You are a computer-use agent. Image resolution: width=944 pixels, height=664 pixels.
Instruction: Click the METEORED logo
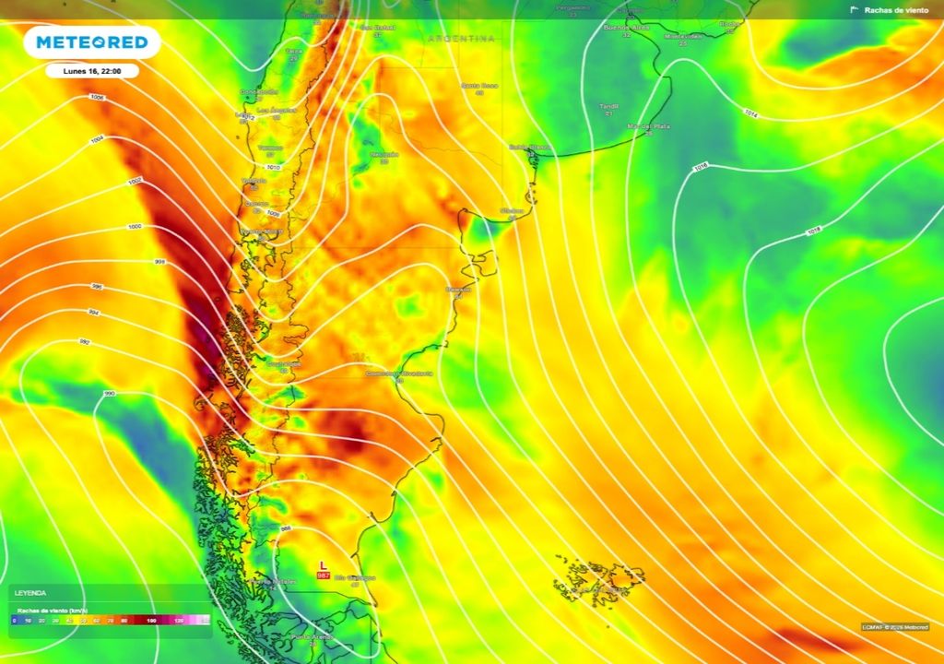click(x=91, y=42)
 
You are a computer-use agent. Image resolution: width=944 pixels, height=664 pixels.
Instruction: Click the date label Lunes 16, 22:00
click(x=92, y=70)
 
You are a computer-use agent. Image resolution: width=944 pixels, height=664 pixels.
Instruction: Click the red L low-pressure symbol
click(x=323, y=564)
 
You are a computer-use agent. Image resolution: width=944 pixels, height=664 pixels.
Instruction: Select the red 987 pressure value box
click(x=323, y=575)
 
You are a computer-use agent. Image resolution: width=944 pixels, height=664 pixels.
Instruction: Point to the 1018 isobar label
click(x=813, y=231)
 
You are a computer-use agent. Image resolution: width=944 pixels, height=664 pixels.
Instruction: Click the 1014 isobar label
click(x=749, y=115)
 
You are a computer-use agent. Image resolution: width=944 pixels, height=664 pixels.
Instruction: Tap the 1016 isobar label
click(x=701, y=167)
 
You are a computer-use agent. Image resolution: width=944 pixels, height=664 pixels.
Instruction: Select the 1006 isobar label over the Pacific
click(x=97, y=98)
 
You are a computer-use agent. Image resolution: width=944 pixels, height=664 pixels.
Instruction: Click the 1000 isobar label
click(x=135, y=226)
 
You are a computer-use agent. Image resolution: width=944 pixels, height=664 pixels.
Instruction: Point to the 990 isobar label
click(x=109, y=394)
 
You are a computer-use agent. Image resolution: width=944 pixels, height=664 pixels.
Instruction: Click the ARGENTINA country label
click(x=460, y=39)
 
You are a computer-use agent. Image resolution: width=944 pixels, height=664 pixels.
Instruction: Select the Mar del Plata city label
click(x=648, y=125)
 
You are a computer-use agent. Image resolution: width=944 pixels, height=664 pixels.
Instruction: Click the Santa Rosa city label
click(x=479, y=86)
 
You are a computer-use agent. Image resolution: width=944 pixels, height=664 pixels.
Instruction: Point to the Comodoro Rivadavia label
click(x=398, y=373)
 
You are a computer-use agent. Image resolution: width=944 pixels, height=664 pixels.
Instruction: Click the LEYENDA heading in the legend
click(x=30, y=593)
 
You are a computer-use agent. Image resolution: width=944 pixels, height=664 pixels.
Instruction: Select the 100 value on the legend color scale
click(x=150, y=621)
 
